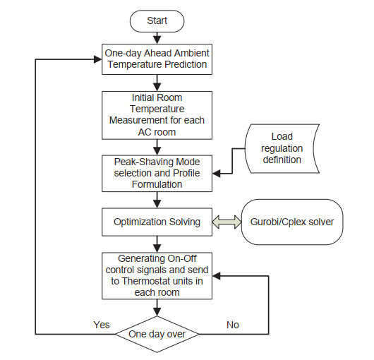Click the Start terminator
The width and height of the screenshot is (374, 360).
pyautogui.click(x=157, y=21)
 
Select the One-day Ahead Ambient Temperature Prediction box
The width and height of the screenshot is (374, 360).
pyautogui.click(x=157, y=59)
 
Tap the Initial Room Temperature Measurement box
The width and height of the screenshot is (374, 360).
pyautogui.click(x=157, y=115)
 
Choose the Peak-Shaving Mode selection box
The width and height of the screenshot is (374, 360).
pyautogui.click(x=157, y=174)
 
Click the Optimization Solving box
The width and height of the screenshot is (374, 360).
pyautogui.click(x=157, y=222)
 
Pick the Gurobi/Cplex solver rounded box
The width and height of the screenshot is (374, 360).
pyautogui.click(x=292, y=222)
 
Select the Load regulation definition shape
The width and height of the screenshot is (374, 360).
pyautogui.click(x=282, y=148)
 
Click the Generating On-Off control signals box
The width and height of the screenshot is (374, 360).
pyautogui.click(x=157, y=276)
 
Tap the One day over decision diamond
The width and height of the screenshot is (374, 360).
pyautogui.click(x=157, y=334)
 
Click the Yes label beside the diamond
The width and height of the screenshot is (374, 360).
pyautogui.click(x=102, y=325)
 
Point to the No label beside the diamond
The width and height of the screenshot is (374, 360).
pyautogui.click(x=233, y=325)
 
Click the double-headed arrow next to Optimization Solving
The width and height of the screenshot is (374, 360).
pyautogui.click(x=227, y=222)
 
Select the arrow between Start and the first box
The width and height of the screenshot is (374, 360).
pyautogui.click(x=157, y=38)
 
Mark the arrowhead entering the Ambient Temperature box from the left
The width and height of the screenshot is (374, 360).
pyautogui.click(x=98, y=59)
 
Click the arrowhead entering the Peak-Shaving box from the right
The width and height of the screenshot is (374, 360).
pyautogui.click(x=217, y=174)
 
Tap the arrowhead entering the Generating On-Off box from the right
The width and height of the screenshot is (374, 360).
pyautogui.click(x=217, y=276)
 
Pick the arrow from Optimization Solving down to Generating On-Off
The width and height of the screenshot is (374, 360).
pyautogui.click(x=157, y=244)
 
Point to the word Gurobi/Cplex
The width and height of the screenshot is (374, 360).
pyautogui.click(x=278, y=222)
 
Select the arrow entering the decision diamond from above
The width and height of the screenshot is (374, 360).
pyautogui.click(x=157, y=308)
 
